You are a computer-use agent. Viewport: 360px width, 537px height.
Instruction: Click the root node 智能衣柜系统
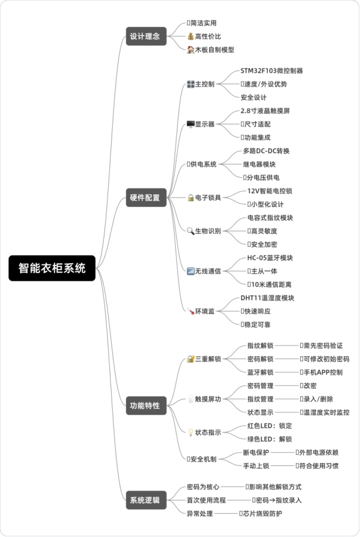tap(52, 268)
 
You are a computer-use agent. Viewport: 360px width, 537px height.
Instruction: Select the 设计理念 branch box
tap(145, 36)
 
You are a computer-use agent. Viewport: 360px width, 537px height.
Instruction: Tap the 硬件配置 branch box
tap(145, 197)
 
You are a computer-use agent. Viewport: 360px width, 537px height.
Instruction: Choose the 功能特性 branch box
tap(145, 406)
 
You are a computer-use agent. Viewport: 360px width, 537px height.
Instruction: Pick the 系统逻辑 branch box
tap(145, 501)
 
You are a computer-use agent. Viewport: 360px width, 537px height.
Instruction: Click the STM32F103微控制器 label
tap(272, 71)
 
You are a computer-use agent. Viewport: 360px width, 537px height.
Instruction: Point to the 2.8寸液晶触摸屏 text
tap(265, 111)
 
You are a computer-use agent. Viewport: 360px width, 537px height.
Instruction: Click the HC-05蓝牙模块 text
tap(270, 258)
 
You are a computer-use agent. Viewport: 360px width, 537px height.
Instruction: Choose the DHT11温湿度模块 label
tap(267, 298)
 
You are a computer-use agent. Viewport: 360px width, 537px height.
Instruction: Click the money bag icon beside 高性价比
tap(190, 36)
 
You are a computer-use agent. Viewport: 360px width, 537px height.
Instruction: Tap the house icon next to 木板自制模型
tap(190, 50)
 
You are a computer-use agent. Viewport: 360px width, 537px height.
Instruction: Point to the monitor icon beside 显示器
tap(190, 124)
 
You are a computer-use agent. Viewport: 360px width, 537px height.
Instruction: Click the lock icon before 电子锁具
tap(190, 197)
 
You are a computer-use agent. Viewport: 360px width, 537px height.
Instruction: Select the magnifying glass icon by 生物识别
tap(190, 231)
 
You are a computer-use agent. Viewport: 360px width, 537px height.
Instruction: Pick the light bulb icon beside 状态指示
tap(190, 433)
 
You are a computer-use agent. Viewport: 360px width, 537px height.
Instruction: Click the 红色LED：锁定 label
tap(269, 426)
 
